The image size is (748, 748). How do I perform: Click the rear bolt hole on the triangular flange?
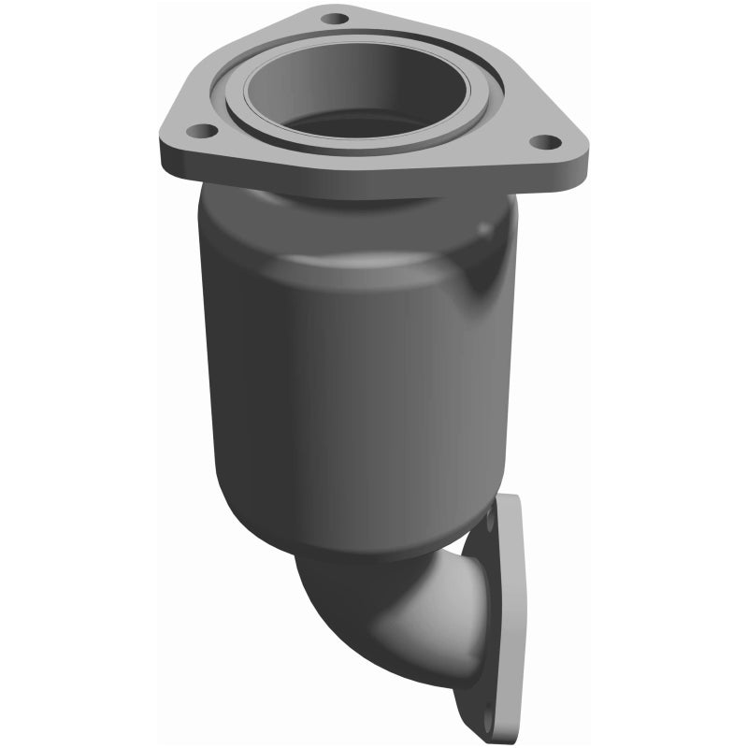coord(334,18)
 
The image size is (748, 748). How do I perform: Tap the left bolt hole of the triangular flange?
coord(197,131)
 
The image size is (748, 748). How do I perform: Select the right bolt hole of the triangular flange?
coord(545,142)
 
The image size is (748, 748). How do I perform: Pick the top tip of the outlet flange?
coord(510,497)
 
